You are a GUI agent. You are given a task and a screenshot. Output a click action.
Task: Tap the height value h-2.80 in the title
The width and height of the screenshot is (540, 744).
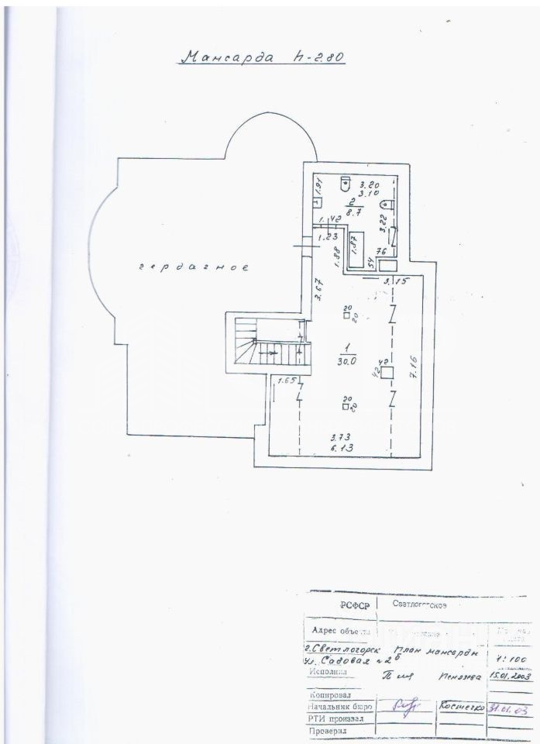(x=319, y=57)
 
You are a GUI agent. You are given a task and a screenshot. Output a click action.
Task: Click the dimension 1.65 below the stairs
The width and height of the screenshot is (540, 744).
(x=287, y=381)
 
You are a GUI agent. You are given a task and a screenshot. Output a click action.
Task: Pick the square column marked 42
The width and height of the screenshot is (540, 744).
(x=387, y=372)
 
